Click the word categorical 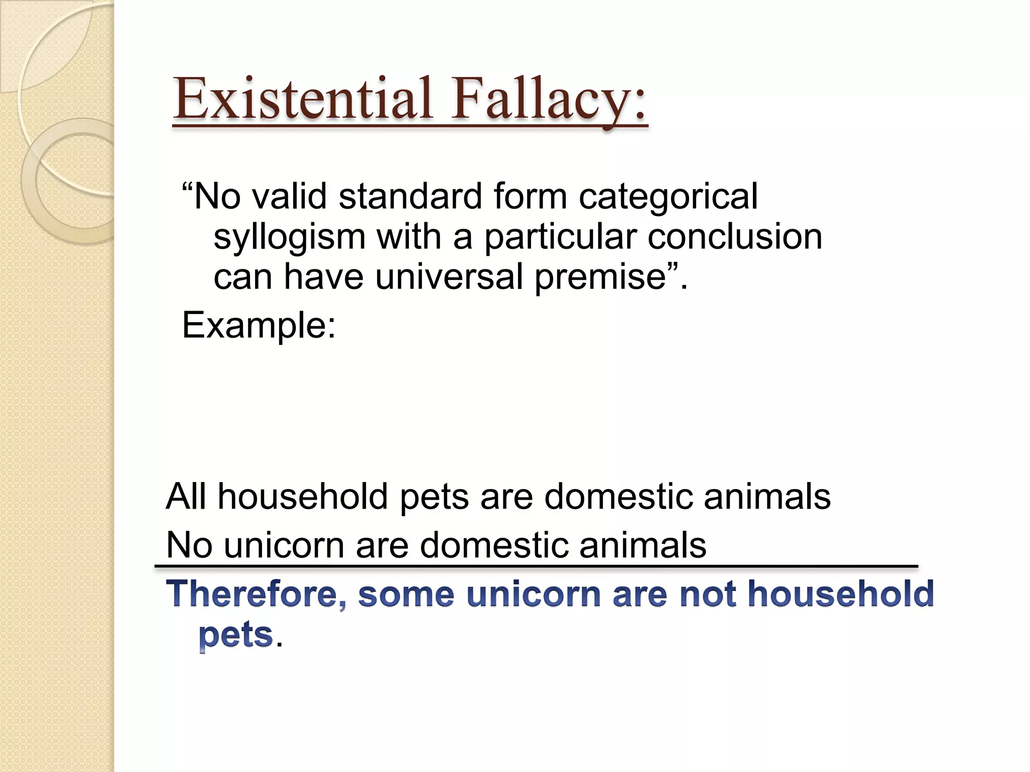click(x=668, y=197)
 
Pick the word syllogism click(x=289, y=237)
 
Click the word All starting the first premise click(x=186, y=496)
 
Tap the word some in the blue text click(x=406, y=594)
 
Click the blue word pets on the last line click(x=235, y=635)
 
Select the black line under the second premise click(x=536, y=566)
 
